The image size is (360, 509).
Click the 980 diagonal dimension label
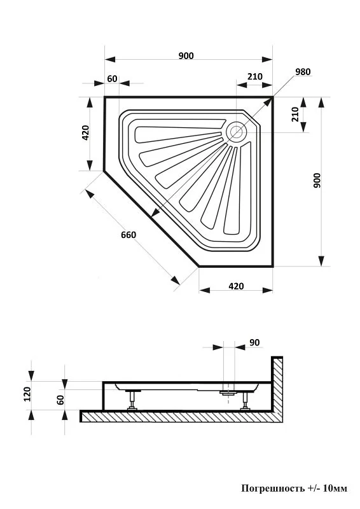[x=303, y=72]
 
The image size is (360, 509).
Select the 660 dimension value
[x=128, y=234]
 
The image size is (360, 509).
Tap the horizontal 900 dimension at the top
[x=186, y=56]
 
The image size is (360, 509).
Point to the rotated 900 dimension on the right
[x=317, y=181]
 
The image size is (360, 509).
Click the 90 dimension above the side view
[x=254, y=343]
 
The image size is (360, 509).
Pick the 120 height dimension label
[x=27, y=394]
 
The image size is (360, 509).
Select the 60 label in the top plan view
[x=112, y=79]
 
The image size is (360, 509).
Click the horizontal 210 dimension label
[x=255, y=76]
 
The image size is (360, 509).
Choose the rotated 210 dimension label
[x=294, y=115]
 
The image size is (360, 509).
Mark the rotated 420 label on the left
[x=85, y=132]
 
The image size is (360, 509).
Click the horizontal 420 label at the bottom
[x=236, y=286]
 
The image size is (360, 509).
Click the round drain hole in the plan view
[x=237, y=132]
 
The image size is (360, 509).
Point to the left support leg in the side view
[x=132, y=400]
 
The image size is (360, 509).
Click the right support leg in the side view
[x=246, y=401]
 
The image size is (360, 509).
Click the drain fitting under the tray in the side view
[x=229, y=393]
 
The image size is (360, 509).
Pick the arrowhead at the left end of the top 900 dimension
[x=111, y=59]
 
